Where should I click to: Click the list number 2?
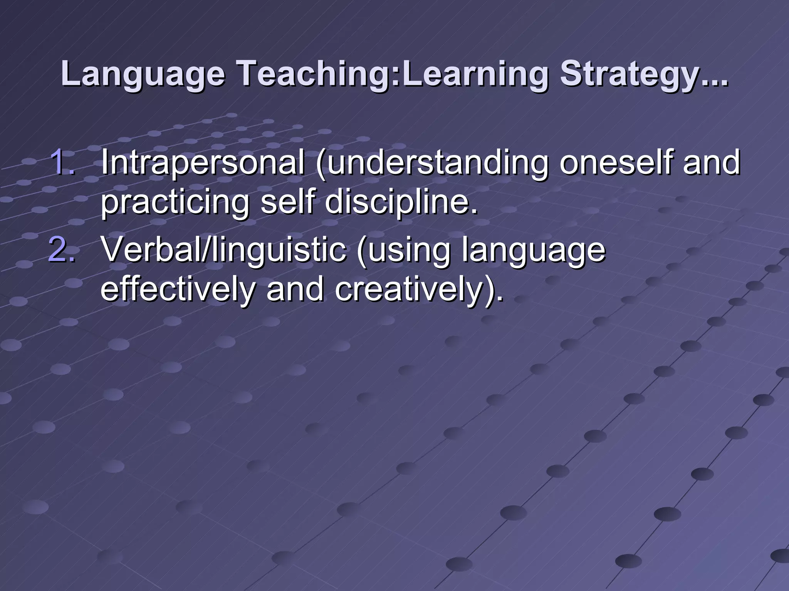pyautogui.click(x=62, y=250)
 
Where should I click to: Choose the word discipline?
pyautogui.click(x=401, y=202)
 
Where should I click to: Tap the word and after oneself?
pyautogui.click(x=711, y=162)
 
